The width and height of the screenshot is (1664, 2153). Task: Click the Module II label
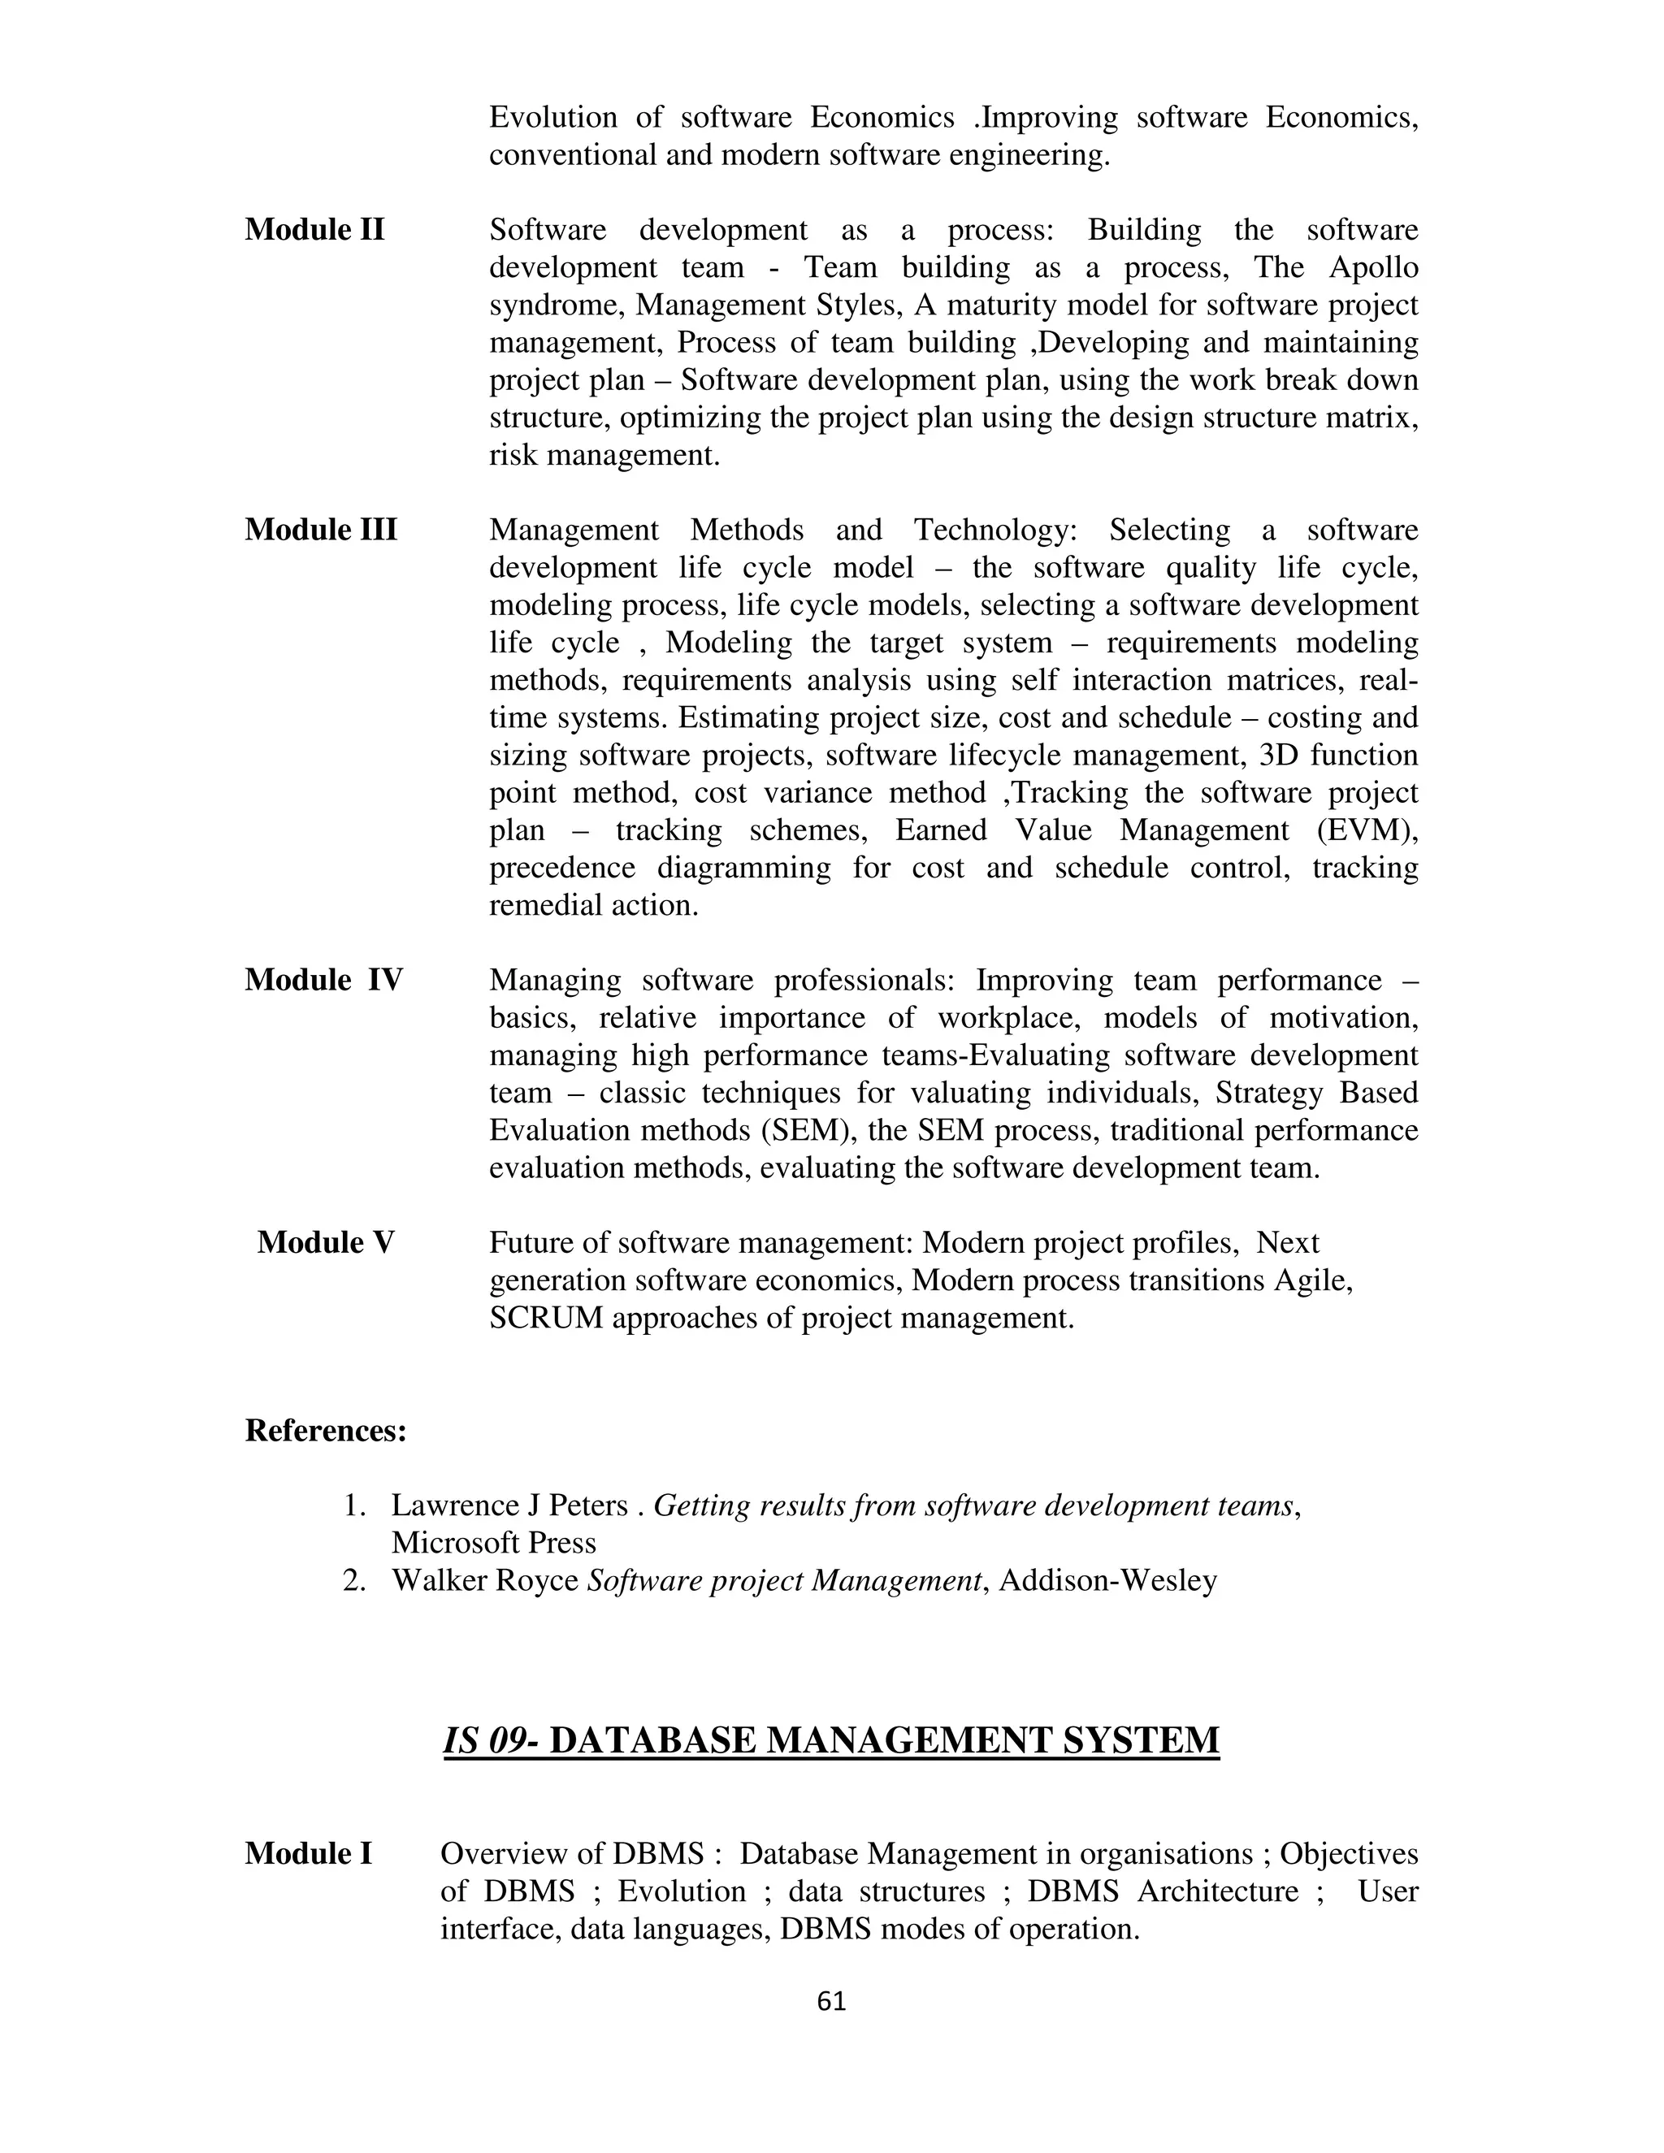[x=314, y=230]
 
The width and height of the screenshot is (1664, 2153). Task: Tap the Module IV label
[x=324, y=980]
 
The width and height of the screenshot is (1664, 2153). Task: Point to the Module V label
[x=325, y=1243]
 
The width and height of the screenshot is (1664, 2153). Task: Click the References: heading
[x=325, y=1431]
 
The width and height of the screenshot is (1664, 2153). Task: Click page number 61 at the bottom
[x=831, y=2001]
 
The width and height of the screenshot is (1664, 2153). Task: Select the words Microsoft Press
[x=493, y=1543]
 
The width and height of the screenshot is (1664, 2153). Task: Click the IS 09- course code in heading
[x=490, y=1741]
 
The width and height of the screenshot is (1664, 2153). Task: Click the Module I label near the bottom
[x=309, y=1854]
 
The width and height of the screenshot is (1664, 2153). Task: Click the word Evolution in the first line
[x=552, y=117]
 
